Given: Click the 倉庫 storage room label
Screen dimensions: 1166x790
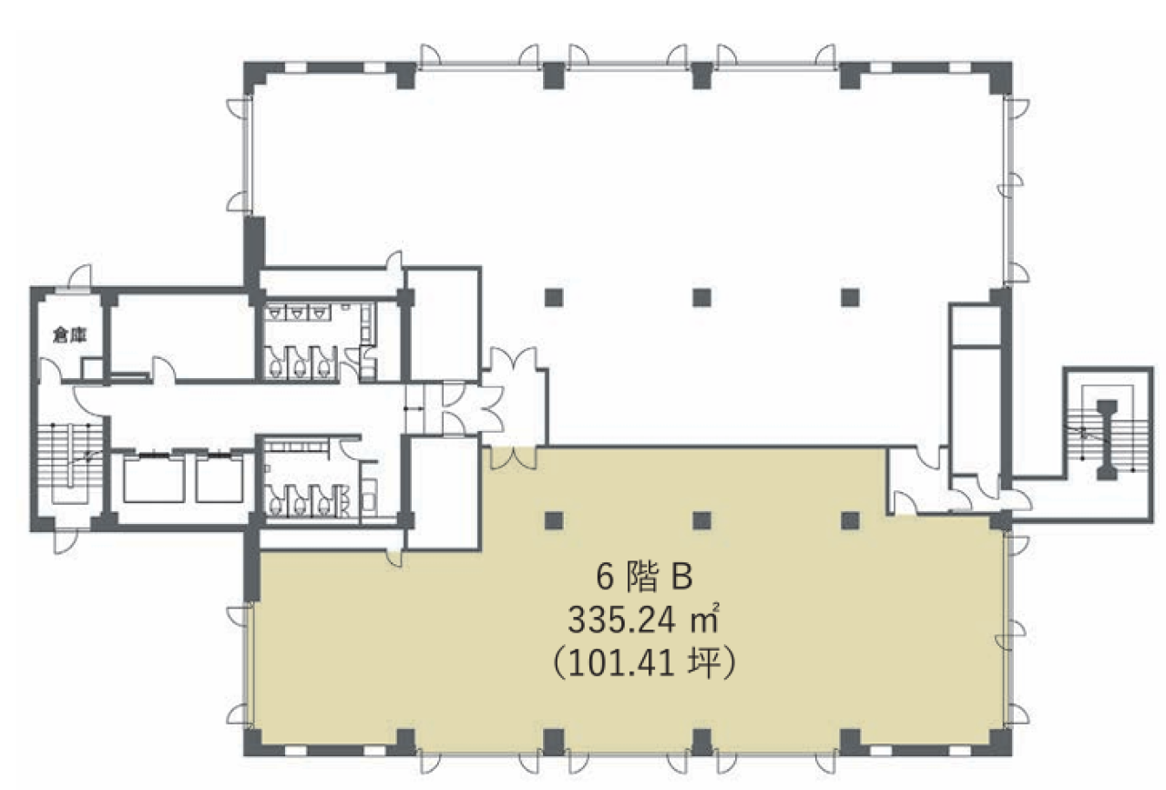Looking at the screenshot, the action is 70,335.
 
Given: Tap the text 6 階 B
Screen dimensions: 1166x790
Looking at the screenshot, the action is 644,577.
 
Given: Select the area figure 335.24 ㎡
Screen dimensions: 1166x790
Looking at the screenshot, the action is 643,620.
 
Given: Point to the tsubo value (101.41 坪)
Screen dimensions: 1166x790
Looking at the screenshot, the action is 644,664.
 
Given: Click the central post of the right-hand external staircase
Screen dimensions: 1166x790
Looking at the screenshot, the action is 1107,440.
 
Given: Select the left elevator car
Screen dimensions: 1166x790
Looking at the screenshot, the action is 154,480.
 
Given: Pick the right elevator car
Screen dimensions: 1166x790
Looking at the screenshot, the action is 220,480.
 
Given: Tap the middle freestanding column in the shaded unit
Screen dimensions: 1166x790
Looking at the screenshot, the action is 702,520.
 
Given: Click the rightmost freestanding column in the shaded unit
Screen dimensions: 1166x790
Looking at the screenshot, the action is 850,520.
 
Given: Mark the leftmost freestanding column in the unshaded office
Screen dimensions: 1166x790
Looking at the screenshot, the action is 554,298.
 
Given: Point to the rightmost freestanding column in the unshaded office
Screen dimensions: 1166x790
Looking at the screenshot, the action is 850,298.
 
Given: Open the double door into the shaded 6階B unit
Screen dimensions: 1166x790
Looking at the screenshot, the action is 513,457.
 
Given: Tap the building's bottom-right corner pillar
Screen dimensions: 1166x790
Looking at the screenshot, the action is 1000,742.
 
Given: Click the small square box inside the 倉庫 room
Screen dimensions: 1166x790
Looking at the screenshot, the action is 92,369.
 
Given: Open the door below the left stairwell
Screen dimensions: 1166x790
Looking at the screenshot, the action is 65,541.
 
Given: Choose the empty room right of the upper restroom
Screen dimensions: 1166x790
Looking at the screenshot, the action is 443,323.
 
